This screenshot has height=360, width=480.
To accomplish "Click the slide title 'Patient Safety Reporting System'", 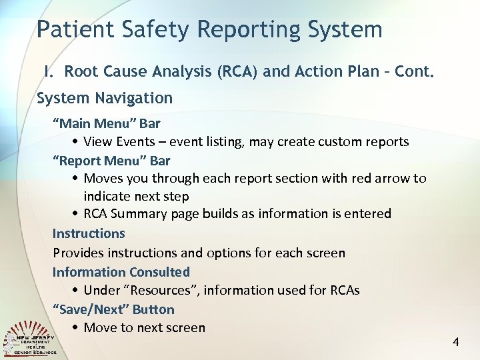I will pyautogui.click(x=209, y=29).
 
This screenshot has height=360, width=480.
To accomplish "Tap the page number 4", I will pyautogui.click(x=455, y=342).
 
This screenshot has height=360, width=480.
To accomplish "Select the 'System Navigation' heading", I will pyautogui.click(x=105, y=98).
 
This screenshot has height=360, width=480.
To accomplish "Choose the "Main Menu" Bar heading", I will pyautogui.click(x=107, y=123).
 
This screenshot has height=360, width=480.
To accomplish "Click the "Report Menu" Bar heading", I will pyautogui.click(x=111, y=161).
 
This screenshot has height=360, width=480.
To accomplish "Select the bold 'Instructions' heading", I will pyautogui.click(x=89, y=233).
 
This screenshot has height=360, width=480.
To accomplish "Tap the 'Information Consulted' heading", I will pyautogui.click(x=121, y=272).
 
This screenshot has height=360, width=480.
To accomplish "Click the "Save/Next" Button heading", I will pyautogui.click(x=113, y=309).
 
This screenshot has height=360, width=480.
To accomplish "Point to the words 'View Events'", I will pyautogui.click(x=119, y=142).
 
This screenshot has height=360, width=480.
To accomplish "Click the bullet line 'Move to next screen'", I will pyautogui.click(x=144, y=327).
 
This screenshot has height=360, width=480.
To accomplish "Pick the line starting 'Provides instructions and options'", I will pyautogui.click(x=199, y=253).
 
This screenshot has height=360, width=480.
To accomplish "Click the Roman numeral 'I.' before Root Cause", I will pyautogui.click(x=49, y=71).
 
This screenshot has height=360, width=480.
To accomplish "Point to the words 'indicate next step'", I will pyautogui.click(x=136, y=196).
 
